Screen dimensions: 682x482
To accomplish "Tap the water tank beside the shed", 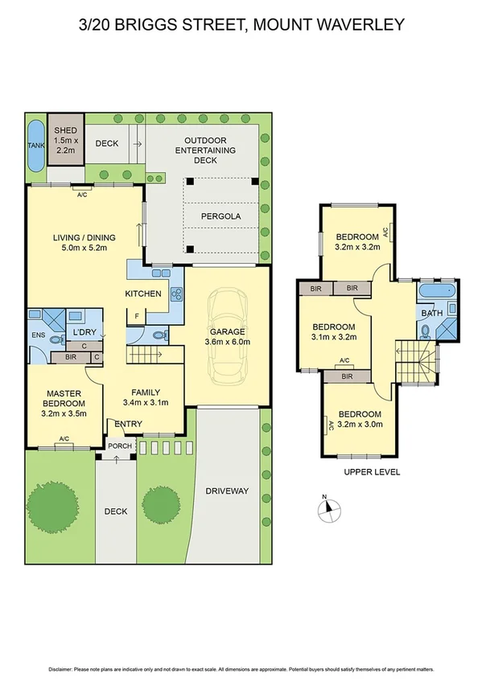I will point(36,146).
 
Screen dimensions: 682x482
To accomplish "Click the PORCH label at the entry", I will point(119,446).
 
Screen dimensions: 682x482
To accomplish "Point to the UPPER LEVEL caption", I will point(371,471).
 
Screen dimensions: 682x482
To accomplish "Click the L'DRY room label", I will point(84,332).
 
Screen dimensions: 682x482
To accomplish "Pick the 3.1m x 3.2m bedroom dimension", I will point(334,339).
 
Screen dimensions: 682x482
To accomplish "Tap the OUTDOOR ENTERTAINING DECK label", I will point(205,150).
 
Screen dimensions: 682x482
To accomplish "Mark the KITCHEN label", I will point(143,294).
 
